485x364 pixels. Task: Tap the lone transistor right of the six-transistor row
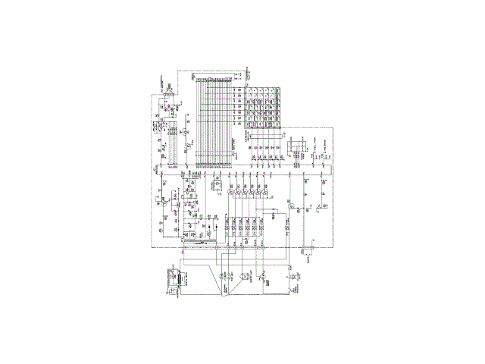pyautogui.click(x=290, y=206)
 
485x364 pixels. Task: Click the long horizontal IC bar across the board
pyautogui.click(x=242, y=166)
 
